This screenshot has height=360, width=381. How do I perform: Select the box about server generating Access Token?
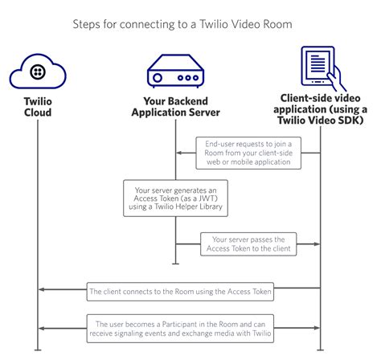[x=173, y=198]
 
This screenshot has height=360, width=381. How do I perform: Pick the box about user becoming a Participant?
[x=180, y=328]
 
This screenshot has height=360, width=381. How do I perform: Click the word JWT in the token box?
[x=209, y=198]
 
